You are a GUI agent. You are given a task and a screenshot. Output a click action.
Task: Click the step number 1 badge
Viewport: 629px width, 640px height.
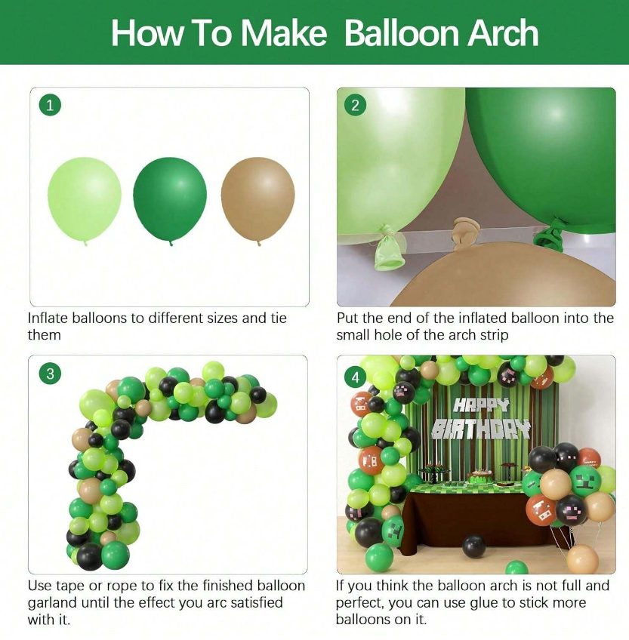(50, 106)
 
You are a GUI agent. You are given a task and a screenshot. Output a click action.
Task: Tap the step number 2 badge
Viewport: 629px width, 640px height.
(355, 106)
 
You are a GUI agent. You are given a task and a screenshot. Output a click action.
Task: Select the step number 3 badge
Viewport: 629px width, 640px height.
(50, 374)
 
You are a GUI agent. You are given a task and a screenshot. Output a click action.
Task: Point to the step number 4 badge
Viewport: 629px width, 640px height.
(355, 377)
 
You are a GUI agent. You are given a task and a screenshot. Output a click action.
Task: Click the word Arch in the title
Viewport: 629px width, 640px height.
(503, 33)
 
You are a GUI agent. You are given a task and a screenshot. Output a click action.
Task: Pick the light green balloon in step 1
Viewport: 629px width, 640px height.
(85, 201)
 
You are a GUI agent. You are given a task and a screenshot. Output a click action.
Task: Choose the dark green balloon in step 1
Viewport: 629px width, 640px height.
(170, 201)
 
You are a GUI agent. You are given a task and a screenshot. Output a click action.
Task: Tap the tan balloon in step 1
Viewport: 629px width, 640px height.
(257, 201)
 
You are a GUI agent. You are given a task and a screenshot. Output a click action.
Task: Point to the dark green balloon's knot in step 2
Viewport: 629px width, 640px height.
(550, 235)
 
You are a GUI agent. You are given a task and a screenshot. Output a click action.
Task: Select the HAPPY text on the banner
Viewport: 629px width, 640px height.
(482, 405)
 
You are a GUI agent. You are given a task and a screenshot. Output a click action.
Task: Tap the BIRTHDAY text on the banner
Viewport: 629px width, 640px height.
(481, 429)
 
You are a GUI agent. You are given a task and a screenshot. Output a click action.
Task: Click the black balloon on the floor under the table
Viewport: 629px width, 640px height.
(475, 546)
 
